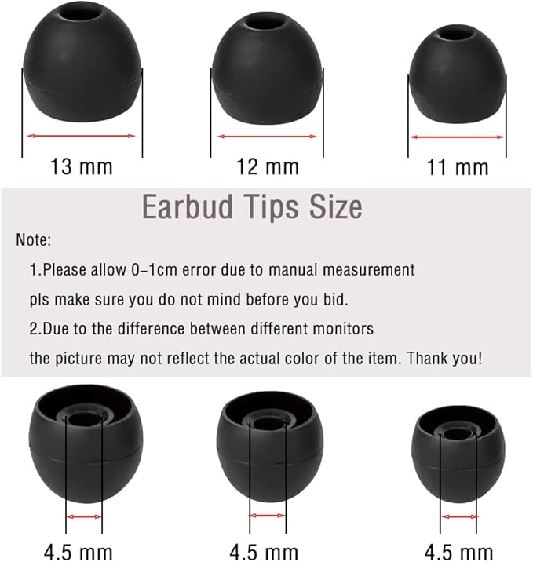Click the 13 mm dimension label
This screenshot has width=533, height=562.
click(82, 166)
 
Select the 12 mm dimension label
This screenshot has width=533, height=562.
click(268, 166)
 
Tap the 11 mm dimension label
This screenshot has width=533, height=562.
click(457, 166)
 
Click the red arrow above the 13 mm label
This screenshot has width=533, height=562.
click(82, 136)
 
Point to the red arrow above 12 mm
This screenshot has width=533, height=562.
click(268, 136)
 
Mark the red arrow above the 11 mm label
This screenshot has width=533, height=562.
click(457, 137)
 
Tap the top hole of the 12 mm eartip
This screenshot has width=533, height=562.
click(268, 29)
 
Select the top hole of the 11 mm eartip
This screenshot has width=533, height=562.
click(458, 34)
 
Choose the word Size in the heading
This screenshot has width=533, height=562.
click(334, 206)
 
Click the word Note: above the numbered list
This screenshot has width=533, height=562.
click(33, 240)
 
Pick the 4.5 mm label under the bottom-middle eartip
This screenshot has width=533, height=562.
click(268, 552)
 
